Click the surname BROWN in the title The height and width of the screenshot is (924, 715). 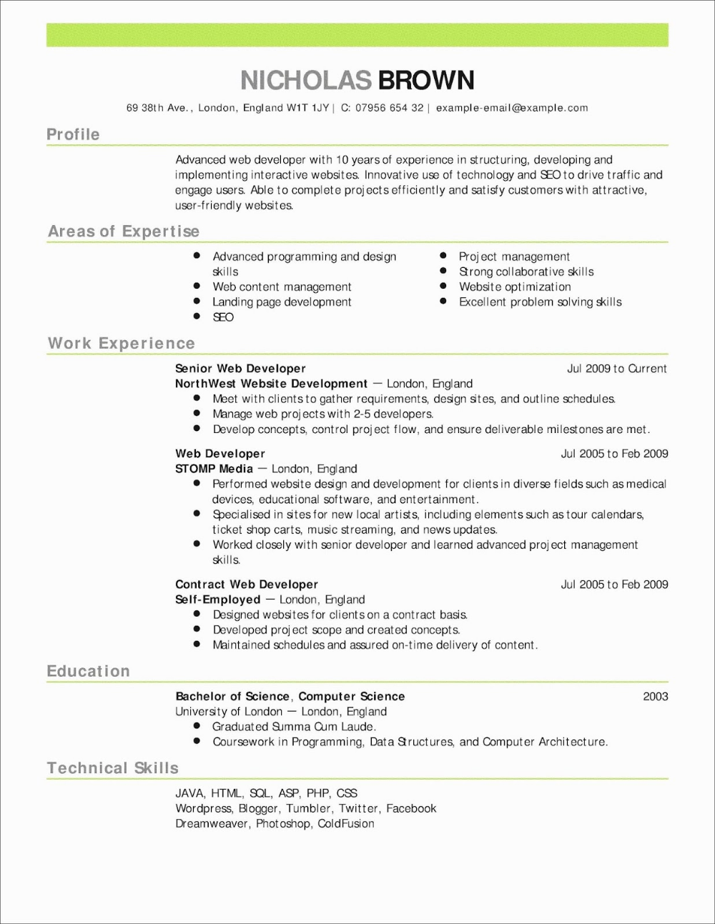pos(425,80)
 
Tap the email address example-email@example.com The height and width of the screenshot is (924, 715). pos(512,108)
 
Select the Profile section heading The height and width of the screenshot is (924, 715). pos(73,134)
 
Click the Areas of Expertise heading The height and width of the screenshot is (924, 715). pos(124,232)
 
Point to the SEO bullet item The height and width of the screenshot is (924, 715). pos(223,317)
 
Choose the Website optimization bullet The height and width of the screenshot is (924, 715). pos(515,287)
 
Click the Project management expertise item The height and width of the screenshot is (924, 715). pos(514,257)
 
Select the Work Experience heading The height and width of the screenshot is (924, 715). pos(122,344)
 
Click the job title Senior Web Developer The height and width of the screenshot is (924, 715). pos(240,369)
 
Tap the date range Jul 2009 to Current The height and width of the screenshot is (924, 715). pos(616,369)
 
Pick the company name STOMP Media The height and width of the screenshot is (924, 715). pos(214,469)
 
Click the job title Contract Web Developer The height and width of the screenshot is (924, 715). pos(247,585)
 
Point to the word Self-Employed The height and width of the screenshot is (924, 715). pos(217,600)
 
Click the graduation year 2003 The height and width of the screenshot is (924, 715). pos(655,697)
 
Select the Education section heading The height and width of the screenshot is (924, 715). pos(89,672)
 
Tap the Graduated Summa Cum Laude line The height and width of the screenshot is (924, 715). pos(294,727)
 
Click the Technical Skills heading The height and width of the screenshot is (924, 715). pos(113,768)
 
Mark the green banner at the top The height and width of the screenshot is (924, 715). pos(357,35)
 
